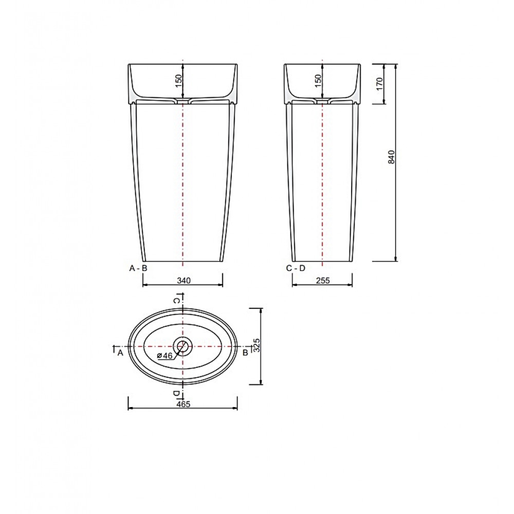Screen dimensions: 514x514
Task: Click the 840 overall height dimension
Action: tap(391, 157)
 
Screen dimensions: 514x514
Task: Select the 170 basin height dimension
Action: tap(380, 84)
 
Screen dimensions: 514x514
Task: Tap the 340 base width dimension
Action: tap(183, 281)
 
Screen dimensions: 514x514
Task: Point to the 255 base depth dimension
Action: tap(323, 281)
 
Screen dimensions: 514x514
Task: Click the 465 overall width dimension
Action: tap(183, 404)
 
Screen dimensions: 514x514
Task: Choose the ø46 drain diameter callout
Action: tap(164, 356)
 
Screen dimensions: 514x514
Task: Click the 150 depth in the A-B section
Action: tap(178, 81)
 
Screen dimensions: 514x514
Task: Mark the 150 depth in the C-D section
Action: tap(318, 81)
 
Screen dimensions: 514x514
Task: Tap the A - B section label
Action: tap(138, 268)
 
